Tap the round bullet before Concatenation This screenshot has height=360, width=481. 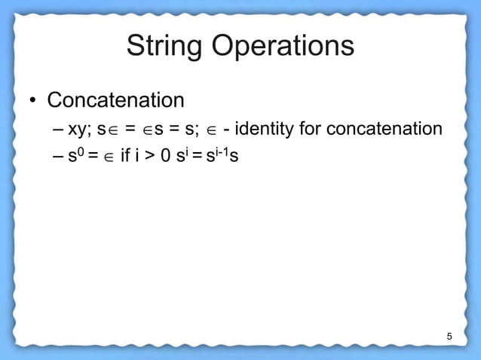(33, 101)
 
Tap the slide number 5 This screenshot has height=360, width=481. (449, 335)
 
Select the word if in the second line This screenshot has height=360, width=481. (125, 159)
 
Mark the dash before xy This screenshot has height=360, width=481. (59, 130)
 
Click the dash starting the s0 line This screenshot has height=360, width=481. (59, 160)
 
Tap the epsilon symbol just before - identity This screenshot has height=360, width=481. (210, 130)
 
